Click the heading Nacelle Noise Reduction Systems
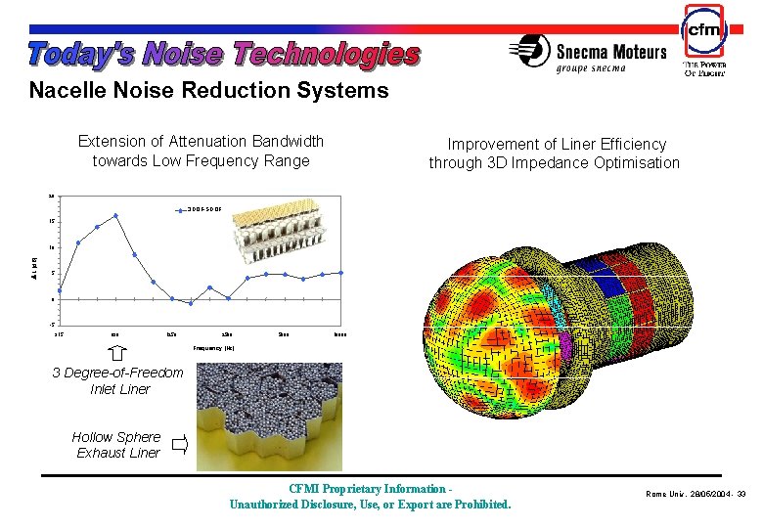208,91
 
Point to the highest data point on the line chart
115,216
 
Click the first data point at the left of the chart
60,290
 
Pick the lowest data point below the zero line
191,303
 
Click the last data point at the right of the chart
340,272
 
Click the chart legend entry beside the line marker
205,209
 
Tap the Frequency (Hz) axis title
213,348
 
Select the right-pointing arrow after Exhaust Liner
179,446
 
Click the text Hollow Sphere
116,437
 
